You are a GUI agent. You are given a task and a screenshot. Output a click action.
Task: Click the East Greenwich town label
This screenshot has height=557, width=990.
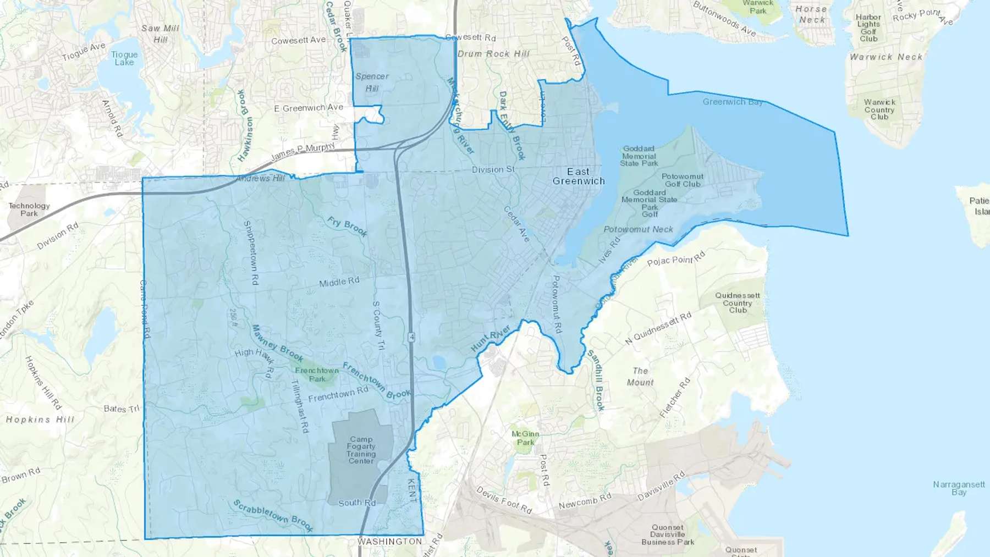click(x=579, y=177)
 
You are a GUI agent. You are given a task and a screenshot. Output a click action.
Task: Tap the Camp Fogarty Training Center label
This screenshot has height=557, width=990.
click(x=361, y=450)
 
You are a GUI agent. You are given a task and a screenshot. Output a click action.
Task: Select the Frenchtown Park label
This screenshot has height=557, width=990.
click(x=317, y=374)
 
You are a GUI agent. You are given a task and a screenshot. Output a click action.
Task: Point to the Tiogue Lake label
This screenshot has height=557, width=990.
click(x=124, y=58)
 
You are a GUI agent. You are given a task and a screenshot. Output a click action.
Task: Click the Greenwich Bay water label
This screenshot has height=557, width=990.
click(x=732, y=102)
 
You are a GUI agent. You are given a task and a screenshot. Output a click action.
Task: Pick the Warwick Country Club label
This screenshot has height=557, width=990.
click(x=879, y=109)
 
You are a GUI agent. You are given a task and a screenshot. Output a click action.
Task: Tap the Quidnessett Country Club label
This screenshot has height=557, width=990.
click(x=738, y=303)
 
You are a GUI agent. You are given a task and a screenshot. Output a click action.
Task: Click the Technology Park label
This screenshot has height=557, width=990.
click(x=29, y=209)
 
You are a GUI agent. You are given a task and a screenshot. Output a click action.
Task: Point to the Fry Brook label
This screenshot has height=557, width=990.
click(x=347, y=227)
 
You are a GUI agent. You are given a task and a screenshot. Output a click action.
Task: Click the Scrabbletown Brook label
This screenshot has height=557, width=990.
click(x=273, y=516)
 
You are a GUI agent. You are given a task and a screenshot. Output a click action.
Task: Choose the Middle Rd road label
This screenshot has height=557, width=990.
click(x=339, y=282)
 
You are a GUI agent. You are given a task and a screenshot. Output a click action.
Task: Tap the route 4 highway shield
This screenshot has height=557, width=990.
click(x=411, y=337)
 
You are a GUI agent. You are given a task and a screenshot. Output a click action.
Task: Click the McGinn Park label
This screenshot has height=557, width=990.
click(x=525, y=438)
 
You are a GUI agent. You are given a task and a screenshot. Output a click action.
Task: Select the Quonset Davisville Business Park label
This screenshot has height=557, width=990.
click(x=668, y=534)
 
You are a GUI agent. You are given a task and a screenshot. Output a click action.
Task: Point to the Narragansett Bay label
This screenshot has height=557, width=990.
click(x=959, y=488)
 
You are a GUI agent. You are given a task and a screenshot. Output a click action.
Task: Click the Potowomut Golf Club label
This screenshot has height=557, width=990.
click(x=683, y=180)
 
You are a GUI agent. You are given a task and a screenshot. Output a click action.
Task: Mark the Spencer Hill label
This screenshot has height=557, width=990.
click(x=372, y=82)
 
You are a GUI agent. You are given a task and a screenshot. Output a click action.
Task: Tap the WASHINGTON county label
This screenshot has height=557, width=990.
click(x=389, y=542)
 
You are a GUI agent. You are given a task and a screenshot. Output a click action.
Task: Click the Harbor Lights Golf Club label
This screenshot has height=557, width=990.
click(x=868, y=28)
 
